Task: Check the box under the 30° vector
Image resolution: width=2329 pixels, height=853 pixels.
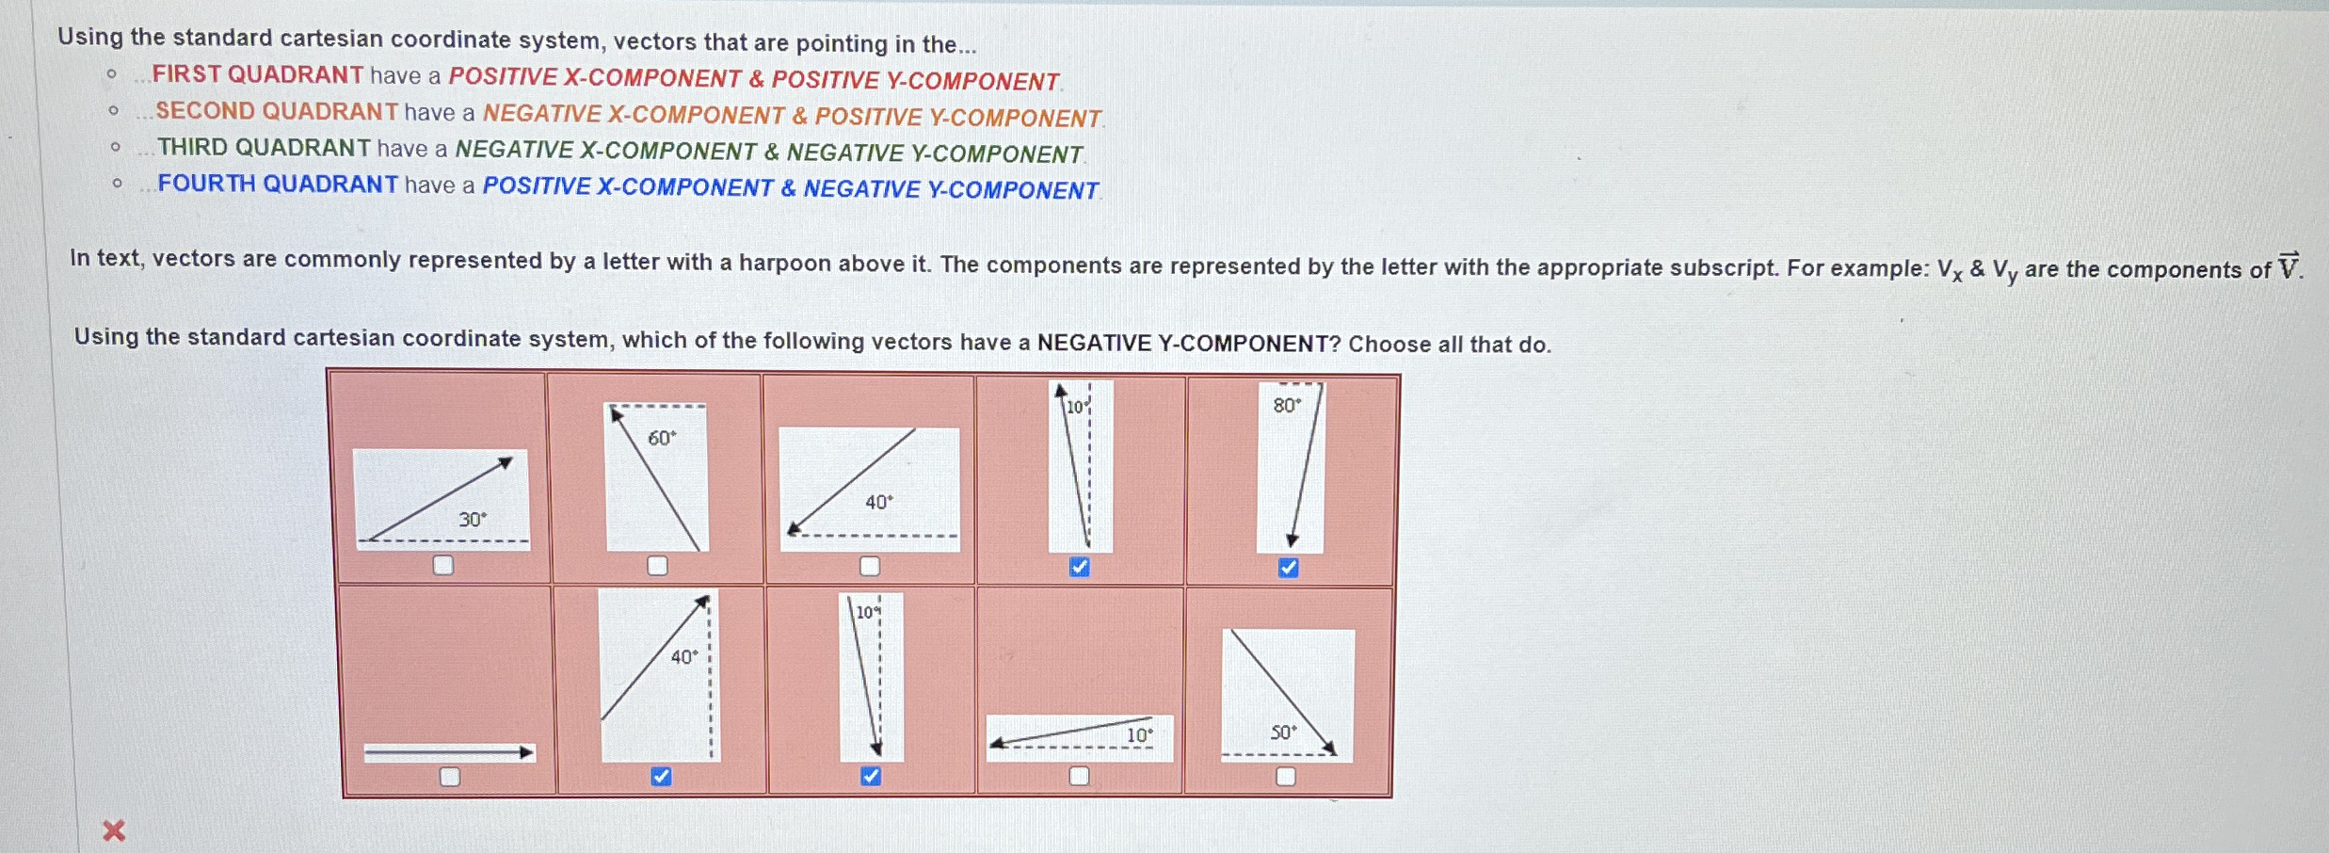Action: coord(442,565)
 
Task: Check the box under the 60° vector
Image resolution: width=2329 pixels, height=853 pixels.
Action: coord(657,565)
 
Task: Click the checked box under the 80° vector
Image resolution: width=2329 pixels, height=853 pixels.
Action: coord(1288,568)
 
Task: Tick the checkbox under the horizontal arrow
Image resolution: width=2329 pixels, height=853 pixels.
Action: coord(450,777)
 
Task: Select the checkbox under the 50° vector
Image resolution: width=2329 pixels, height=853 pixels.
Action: coord(1286,777)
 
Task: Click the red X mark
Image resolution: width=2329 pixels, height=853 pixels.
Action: coord(114,830)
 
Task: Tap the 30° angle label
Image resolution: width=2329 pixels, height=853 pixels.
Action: coord(473,519)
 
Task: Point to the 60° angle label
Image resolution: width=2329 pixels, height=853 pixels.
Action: coord(662,438)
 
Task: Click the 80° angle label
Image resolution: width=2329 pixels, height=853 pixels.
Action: coord(1287,405)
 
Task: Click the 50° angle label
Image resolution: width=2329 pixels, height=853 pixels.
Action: coord(1283,732)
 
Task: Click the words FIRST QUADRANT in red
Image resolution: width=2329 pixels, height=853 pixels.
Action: coord(258,74)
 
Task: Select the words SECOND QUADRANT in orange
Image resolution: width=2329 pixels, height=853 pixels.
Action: coord(277,111)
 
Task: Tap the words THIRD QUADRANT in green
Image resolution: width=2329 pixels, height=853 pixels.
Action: coord(264,148)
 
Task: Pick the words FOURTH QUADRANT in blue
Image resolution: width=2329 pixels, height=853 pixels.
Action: coord(278,184)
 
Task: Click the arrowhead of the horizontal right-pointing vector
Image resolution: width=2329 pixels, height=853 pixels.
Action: coord(527,751)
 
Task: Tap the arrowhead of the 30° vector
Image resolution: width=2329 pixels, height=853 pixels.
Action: coord(506,462)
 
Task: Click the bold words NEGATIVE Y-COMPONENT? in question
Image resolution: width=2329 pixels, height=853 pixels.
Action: coord(1189,343)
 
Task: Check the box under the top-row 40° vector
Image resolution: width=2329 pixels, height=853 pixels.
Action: coord(870,566)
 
